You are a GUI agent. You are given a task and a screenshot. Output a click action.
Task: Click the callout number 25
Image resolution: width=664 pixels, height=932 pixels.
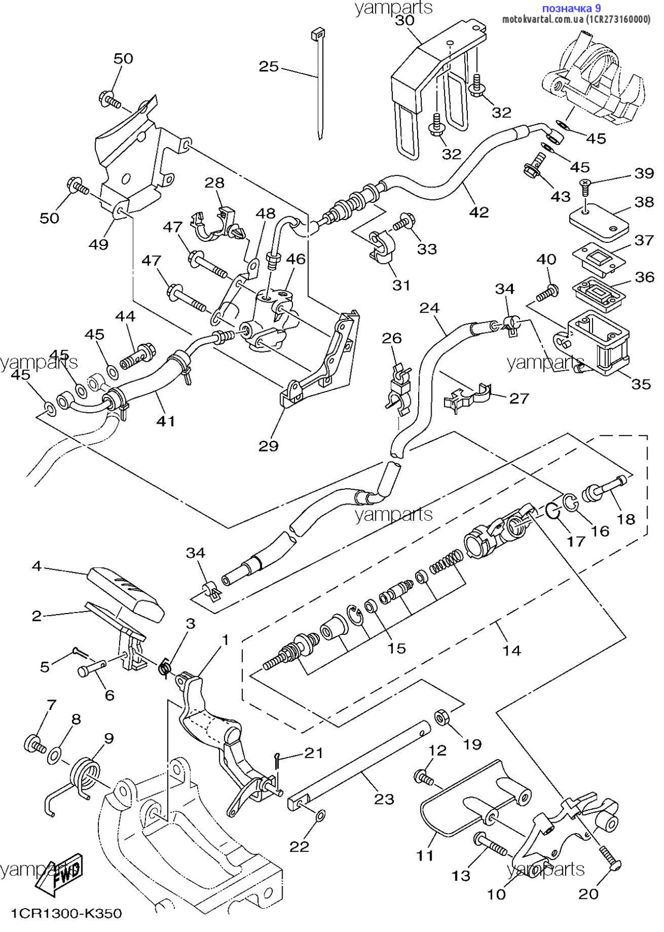269,67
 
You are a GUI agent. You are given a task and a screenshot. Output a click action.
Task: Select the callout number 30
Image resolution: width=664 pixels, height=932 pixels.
405,20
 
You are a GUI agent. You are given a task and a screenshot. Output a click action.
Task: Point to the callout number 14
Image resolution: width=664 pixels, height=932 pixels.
511,650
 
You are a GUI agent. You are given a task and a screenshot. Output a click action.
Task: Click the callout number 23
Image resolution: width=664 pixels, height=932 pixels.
384,799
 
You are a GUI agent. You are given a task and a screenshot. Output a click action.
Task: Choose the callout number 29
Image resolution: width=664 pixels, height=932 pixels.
269,446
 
